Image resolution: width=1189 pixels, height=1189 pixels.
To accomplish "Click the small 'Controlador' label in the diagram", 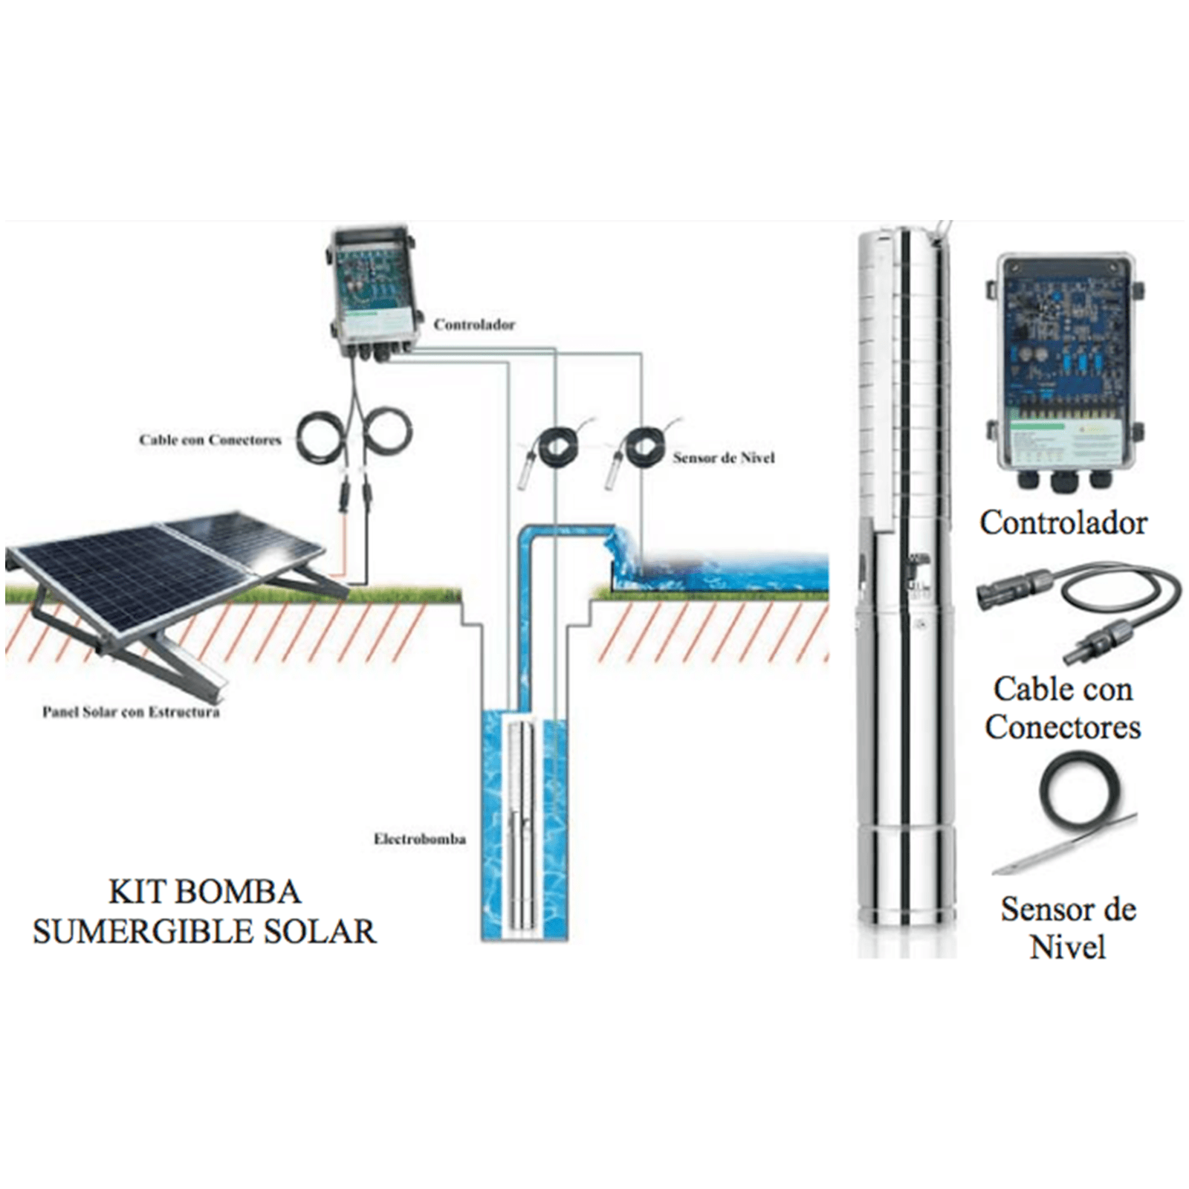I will (x=474, y=325).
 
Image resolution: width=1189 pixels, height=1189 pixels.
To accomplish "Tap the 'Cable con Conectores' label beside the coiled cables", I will (x=210, y=440).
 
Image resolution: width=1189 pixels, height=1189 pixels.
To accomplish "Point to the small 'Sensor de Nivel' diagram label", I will (x=723, y=458).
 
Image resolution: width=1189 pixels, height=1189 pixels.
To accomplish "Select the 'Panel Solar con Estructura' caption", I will (x=131, y=712).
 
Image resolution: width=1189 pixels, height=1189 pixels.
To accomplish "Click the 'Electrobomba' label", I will (x=419, y=839).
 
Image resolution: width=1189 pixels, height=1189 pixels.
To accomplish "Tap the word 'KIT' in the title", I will (x=132, y=892).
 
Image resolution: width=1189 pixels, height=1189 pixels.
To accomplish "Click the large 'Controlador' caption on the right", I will (x=1063, y=522).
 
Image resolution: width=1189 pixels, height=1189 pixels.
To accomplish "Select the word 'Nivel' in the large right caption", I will (x=1068, y=947).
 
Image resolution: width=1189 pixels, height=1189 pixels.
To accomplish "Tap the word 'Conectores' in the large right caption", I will (x=1063, y=727).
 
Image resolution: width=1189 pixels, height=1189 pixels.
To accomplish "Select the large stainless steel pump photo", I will (x=904, y=594).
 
